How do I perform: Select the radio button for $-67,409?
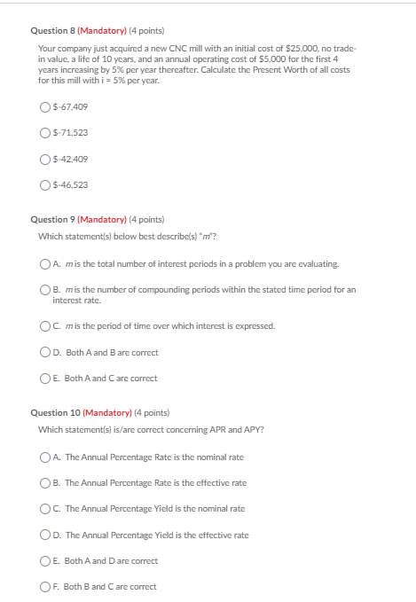[x=45, y=107]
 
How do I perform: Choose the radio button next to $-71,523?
[x=45, y=133]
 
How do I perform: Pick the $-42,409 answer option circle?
[x=45, y=159]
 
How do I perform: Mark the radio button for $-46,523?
[x=45, y=184]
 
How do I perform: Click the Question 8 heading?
[x=51, y=30]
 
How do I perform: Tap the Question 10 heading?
[x=52, y=412]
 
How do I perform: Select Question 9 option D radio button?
[x=45, y=352]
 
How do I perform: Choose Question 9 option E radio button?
[x=45, y=378]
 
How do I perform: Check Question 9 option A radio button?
[x=45, y=263]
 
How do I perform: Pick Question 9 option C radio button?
[x=45, y=325]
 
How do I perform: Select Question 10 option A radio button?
[x=45, y=457]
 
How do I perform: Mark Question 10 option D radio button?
[x=45, y=535]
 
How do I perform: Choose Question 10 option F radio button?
[x=45, y=586]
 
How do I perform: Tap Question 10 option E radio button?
[x=45, y=560]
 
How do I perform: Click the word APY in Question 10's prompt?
[x=252, y=430]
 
